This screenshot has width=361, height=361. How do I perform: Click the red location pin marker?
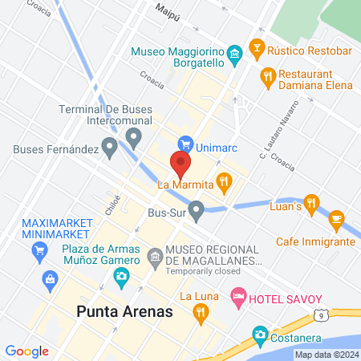pos(180,164)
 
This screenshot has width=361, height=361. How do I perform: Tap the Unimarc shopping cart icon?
pos(186,144)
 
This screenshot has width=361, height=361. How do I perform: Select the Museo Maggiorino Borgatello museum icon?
pos(234,55)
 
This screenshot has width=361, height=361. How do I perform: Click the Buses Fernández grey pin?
pos(109,148)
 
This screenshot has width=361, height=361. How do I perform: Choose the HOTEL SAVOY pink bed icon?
pos(238,298)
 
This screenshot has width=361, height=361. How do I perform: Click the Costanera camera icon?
pos(260,333)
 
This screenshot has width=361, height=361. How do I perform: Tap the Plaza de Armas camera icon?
pos(121,278)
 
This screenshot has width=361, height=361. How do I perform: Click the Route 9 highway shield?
pos(320,316)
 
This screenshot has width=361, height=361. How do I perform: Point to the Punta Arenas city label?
pos(124,310)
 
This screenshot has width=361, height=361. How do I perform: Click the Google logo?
pos(26,351)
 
